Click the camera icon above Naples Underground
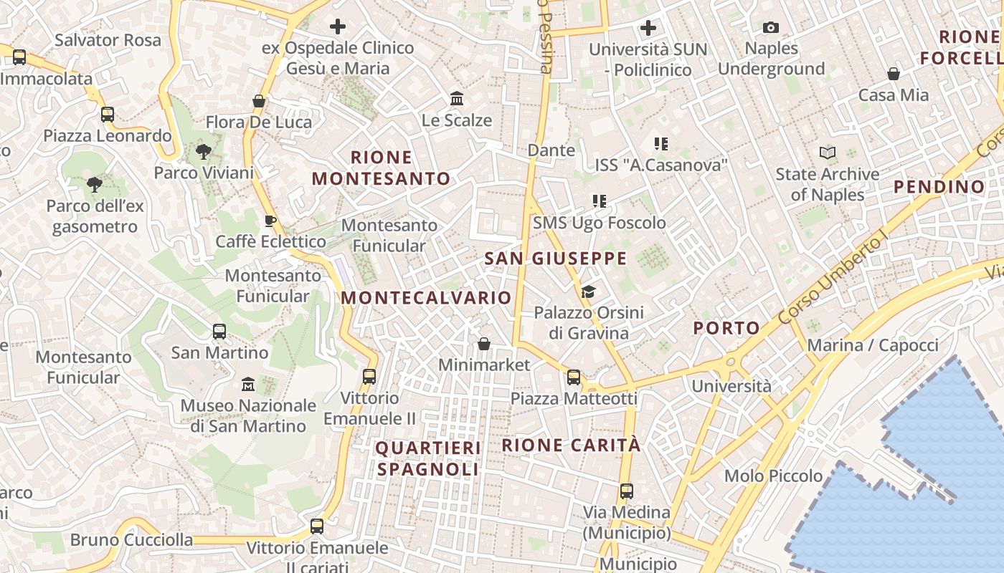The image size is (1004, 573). tap(771, 28)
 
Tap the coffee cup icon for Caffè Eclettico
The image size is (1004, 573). tap(270, 221)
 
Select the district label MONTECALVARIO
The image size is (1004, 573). tap(427, 298)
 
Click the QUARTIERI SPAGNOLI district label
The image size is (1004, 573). tap(428, 458)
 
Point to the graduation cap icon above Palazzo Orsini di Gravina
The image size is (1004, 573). tap(589, 292)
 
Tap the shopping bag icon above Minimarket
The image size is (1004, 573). tap(484, 344)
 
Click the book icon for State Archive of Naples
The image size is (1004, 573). tap(828, 153)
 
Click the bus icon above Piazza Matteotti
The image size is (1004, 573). tap(574, 377)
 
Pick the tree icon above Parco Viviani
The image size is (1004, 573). tap(204, 152)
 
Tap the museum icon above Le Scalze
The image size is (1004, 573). tap(457, 99)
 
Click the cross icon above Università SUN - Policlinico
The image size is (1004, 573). tap(648, 29)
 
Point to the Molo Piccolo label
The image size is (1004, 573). tap(773, 476)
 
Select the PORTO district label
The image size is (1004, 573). tap(726, 329)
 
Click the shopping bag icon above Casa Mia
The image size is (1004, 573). tap(894, 74)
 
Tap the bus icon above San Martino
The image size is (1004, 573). tap(219, 332)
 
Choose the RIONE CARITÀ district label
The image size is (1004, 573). tap(571, 445)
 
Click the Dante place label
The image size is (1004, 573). tap(551, 150)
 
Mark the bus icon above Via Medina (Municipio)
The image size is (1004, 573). tap(627, 491)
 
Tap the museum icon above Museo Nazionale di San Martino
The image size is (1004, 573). tap(248, 385)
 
